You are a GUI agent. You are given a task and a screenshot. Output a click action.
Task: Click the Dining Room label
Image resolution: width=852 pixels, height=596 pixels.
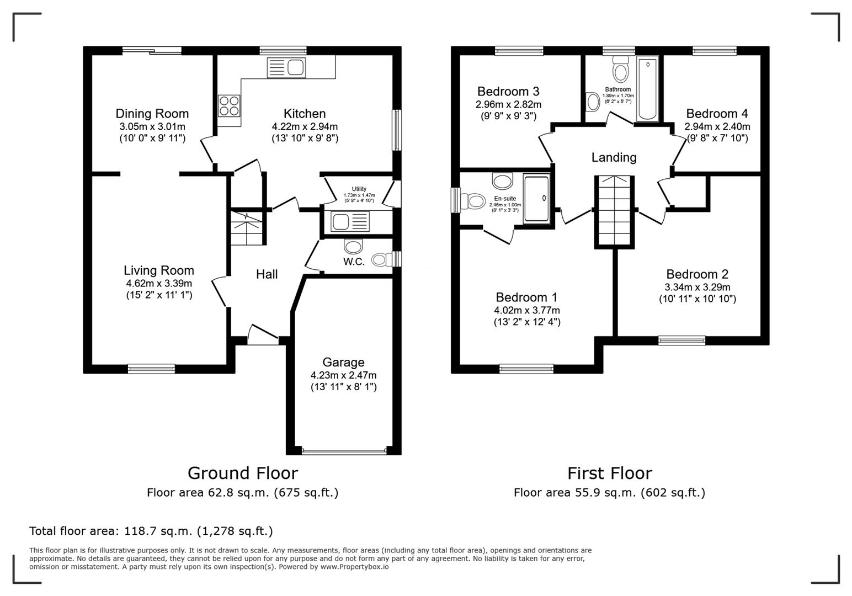pos(152,114)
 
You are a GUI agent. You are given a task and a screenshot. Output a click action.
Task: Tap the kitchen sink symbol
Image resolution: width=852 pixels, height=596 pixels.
pos(286,68)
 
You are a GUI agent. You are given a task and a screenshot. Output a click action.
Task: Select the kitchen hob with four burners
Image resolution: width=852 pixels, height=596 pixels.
pos(229,106)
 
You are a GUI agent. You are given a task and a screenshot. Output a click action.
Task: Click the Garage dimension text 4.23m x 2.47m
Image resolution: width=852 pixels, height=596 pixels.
pos(343,375)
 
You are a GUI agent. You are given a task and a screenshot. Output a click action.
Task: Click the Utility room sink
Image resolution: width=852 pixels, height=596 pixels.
pos(349,222)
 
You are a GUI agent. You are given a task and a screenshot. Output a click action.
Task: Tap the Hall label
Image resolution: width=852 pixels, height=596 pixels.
pos(267,274)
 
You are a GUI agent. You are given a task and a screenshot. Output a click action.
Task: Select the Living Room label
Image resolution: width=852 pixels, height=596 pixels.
pos(158,270)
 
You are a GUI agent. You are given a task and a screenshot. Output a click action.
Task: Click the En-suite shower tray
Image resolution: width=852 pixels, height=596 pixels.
pos(536,199)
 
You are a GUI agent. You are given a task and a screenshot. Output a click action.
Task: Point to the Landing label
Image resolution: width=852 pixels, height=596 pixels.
pos(614,158)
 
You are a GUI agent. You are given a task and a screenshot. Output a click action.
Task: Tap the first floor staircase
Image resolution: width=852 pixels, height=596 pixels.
pos(614,211)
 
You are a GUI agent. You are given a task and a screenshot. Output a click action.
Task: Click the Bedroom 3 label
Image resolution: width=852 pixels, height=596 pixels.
pos(508,92)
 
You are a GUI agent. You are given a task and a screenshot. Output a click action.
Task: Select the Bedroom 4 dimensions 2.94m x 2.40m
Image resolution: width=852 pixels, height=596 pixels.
pos(717,126)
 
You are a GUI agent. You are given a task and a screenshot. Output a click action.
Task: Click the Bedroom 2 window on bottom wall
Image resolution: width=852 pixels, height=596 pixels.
pos(681,340)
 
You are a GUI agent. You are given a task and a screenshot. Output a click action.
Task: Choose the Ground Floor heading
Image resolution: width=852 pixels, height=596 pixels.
pos(242,473)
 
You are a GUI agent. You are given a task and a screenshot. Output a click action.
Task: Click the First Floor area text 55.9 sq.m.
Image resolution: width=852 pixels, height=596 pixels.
pos(609,492)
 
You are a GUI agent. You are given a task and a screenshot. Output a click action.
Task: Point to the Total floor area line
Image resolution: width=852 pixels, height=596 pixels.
pos(151,531)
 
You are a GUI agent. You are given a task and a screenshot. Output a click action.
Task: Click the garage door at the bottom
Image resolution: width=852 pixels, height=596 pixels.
pos(344,451)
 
